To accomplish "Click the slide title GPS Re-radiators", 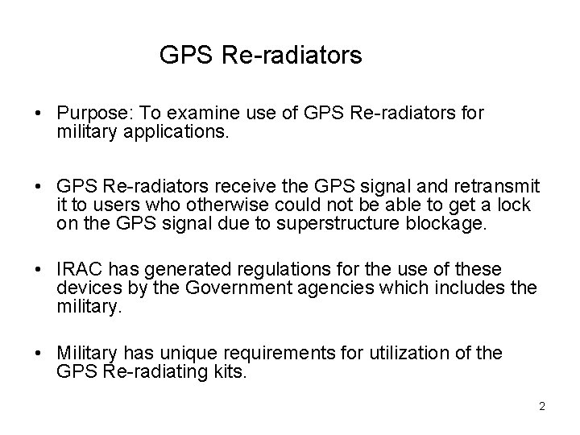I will pyautogui.click(x=261, y=56).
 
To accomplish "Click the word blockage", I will pyautogui.click(x=451, y=223).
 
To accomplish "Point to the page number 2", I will pyautogui.click(x=542, y=406).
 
